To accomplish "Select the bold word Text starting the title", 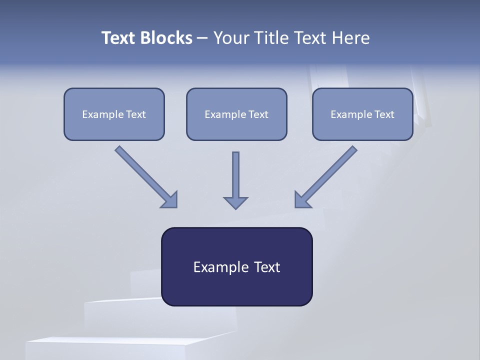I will tap(120, 38).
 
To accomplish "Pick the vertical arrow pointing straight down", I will tap(235, 175).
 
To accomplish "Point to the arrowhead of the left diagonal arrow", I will tap(170, 200).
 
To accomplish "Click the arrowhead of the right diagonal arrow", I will tap(302, 199).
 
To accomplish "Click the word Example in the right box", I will tap(348, 114).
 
